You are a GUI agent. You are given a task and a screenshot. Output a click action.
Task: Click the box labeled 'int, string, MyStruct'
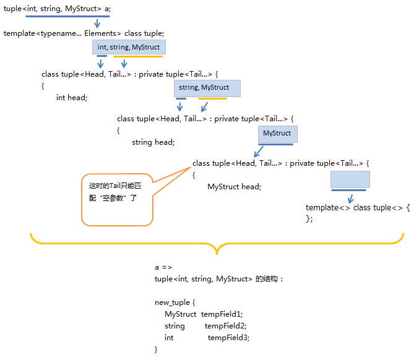(129, 47)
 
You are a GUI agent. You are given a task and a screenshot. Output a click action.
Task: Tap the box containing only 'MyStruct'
(277, 134)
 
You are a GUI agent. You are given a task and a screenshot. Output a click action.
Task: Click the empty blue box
(350, 179)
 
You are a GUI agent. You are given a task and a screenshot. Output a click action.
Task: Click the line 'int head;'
(72, 98)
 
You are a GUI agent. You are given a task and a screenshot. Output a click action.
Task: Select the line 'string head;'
(153, 142)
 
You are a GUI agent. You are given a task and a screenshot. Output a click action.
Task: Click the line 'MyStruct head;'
(234, 187)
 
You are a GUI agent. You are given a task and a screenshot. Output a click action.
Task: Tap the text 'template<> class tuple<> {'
(358, 208)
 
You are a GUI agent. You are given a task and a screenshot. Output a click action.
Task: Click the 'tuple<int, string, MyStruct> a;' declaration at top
(58, 9)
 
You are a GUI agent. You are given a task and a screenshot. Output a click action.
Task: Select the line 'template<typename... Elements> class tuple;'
(84, 33)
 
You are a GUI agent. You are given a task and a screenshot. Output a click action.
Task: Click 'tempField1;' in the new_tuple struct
(222, 314)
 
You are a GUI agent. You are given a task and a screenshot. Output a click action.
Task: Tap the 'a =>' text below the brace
(163, 267)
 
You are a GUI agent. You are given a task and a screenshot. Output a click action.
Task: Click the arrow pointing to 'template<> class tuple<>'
(351, 198)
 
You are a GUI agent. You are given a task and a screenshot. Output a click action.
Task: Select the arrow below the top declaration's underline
(97, 24)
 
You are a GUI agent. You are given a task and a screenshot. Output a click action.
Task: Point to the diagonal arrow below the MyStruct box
(260, 153)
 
